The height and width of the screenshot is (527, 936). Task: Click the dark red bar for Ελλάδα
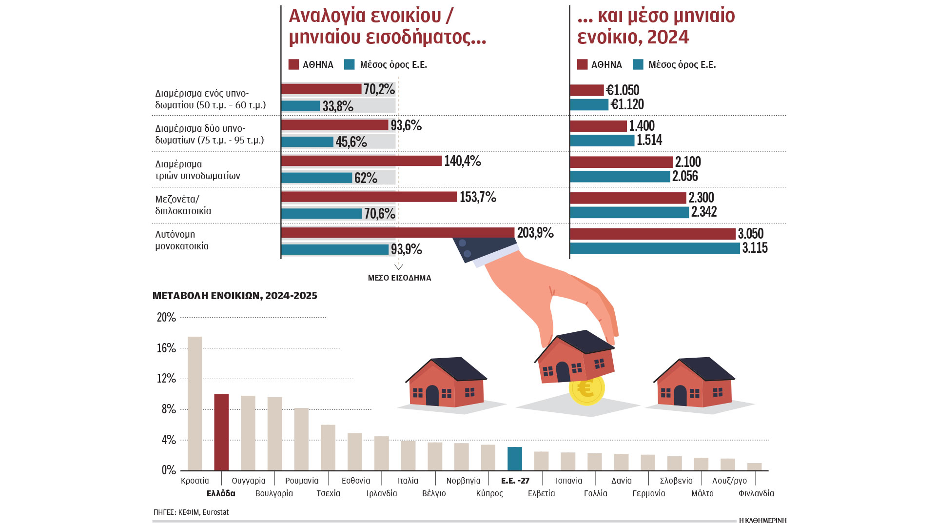click(221, 432)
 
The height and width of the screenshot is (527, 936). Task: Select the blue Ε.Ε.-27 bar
click(515, 459)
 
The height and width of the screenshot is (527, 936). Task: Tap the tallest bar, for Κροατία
click(195, 404)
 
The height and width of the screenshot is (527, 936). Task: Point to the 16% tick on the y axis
click(166, 348)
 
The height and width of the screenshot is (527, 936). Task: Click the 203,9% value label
click(535, 233)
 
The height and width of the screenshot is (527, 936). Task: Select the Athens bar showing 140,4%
click(361, 161)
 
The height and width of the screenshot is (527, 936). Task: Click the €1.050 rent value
click(623, 90)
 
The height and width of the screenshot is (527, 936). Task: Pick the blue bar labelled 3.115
click(655, 248)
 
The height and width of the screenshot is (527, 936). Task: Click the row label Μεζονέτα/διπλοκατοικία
click(183, 205)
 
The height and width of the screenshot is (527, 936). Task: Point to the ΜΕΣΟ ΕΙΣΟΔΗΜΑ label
click(399, 278)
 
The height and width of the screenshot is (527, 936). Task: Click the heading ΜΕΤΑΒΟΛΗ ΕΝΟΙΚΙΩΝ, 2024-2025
click(235, 296)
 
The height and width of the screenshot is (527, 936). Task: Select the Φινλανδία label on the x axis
click(756, 493)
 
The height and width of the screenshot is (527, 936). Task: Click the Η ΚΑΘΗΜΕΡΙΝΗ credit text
click(762, 520)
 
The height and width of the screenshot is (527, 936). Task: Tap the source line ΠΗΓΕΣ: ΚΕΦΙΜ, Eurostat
click(191, 512)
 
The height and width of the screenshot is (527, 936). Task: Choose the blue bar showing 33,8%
click(300, 106)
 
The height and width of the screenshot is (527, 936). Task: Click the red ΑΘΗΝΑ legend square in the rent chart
click(582, 64)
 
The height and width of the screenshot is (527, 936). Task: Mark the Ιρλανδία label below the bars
click(382, 493)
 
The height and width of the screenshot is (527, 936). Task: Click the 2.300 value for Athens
click(701, 198)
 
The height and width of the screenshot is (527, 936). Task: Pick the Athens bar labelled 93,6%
click(335, 125)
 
